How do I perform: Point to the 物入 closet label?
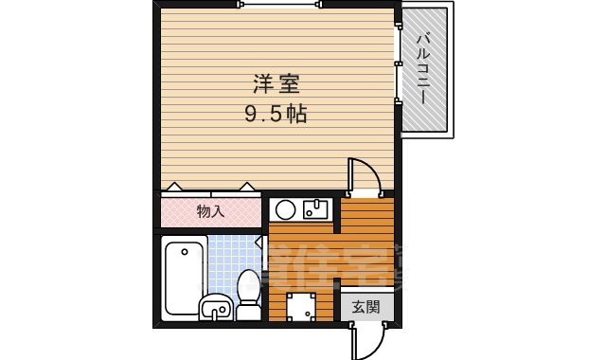coord(209,211)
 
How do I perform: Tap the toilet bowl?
coord(249,286)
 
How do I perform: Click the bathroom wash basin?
coord(215,307)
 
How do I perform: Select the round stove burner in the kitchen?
coord(284,209)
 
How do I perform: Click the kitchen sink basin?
coord(315,209)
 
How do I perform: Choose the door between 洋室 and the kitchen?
coord(364,176)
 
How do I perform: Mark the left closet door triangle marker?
coord(174,188)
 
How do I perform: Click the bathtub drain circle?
coord(185,253)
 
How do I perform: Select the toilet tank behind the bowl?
coord(249,311)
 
